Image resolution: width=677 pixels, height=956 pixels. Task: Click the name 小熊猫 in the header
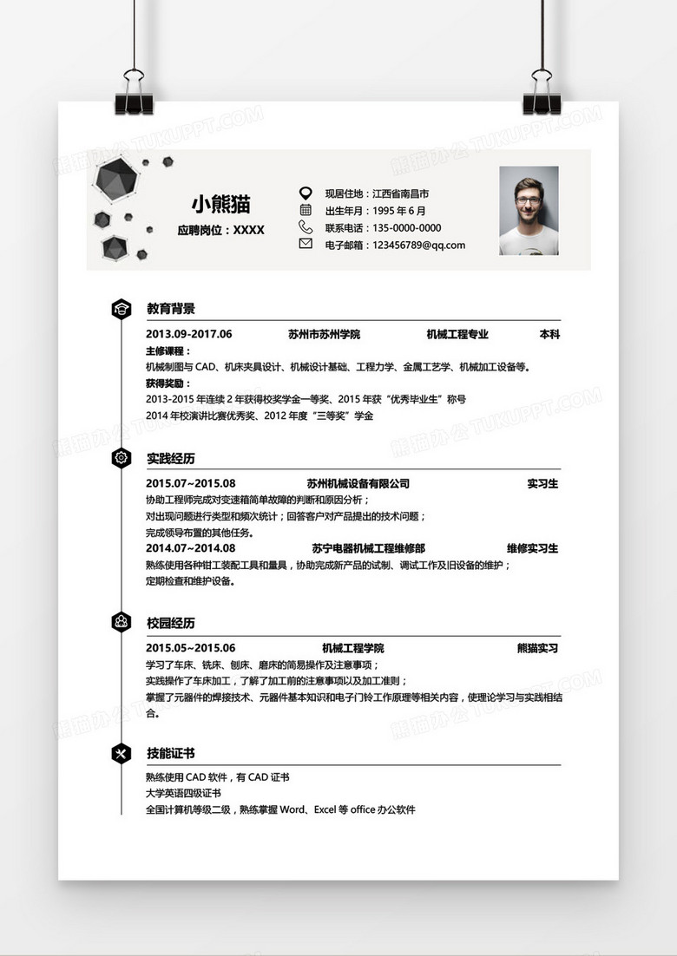220,205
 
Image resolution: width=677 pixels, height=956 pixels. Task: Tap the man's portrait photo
529,211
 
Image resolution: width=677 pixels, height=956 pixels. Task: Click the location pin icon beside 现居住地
306,193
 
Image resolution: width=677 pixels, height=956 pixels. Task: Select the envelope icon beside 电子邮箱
306,244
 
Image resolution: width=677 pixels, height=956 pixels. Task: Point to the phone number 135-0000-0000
406,228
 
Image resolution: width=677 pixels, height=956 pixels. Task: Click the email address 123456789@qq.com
418,245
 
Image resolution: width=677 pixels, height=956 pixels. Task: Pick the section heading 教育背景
171,308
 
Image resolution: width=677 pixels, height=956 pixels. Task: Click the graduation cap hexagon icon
122,308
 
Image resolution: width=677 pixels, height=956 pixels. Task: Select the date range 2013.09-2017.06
189,334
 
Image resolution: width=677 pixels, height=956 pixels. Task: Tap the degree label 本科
549,334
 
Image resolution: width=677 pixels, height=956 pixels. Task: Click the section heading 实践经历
171,457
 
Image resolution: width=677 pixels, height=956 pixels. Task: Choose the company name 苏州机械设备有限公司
358,483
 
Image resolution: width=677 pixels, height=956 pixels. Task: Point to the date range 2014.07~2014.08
190,548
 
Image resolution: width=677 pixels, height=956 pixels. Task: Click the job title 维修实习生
532,548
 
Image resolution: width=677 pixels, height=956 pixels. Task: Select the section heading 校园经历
171,623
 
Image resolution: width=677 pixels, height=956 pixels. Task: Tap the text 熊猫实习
537,648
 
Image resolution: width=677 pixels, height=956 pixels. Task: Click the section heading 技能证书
171,753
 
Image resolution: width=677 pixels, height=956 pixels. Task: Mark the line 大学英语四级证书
183,794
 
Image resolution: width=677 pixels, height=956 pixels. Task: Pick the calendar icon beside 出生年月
306,210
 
